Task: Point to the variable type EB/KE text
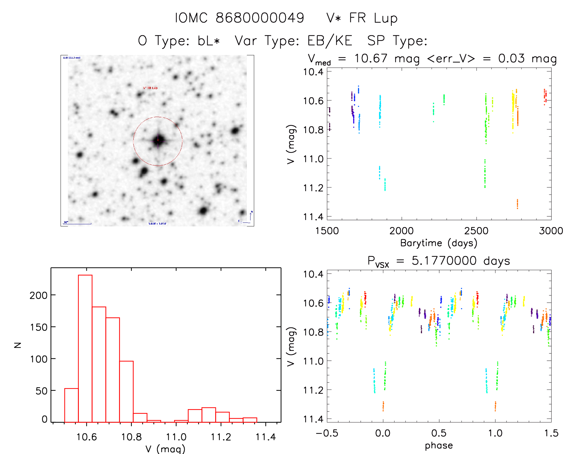pyautogui.click(x=330, y=41)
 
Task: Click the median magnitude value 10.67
pyautogui.click(x=371, y=58)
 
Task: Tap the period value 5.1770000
pyautogui.click(x=444, y=261)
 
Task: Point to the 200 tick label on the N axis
pyautogui.click(x=38, y=295)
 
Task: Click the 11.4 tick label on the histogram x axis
pyautogui.click(x=265, y=437)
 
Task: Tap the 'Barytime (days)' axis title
pyautogui.click(x=439, y=243)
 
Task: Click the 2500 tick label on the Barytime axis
pyautogui.click(x=476, y=231)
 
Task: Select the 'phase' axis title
pyautogui.click(x=439, y=445)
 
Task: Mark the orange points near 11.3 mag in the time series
pyautogui.click(x=517, y=204)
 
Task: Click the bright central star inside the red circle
pyautogui.click(x=158, y=140)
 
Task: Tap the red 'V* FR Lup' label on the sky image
pyautogui.click(x=150, y=88)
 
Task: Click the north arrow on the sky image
pyautogui.click(x=251, y=215)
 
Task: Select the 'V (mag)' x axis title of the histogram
pyautogui.click(x=165, y=449)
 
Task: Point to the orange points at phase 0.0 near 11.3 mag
pyautogui.click(x=383, y=406)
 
